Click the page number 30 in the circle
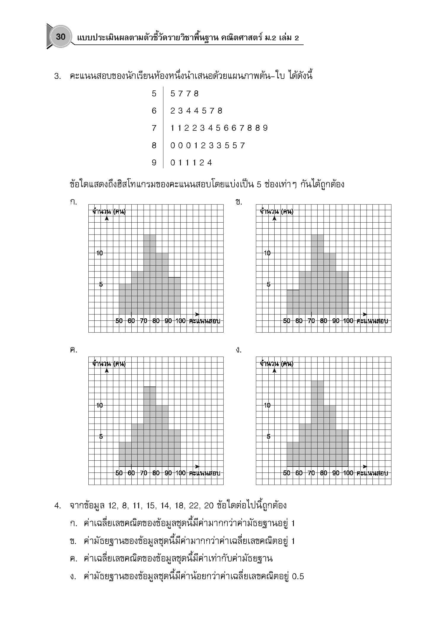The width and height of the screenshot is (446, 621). (x=60, y=37)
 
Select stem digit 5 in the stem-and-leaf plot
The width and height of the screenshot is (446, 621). (x=154, y=94)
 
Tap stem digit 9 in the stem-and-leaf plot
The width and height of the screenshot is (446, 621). (x=154, y=163)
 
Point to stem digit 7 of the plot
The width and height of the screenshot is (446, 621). (x=154, y=128)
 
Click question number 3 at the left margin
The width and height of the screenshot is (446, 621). (x=58, y=76)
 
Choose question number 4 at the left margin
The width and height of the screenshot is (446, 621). (x=58, y=505)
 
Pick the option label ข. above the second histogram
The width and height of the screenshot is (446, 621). (x=239, y=202)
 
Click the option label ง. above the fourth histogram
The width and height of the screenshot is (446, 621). (x=239, y=350)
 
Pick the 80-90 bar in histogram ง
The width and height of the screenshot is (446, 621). (x=329, y=436)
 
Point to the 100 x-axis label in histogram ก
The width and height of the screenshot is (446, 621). (x=181, y=321)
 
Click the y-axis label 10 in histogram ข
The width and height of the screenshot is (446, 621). (x=267, y=253)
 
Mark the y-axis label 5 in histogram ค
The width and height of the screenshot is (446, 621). (x=101, y=436)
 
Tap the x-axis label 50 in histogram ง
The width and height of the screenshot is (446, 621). (x=286, y=473)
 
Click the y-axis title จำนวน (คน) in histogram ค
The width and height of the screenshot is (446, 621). (x=109, y=363)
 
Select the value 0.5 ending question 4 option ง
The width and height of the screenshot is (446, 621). (x=298, y=577)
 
